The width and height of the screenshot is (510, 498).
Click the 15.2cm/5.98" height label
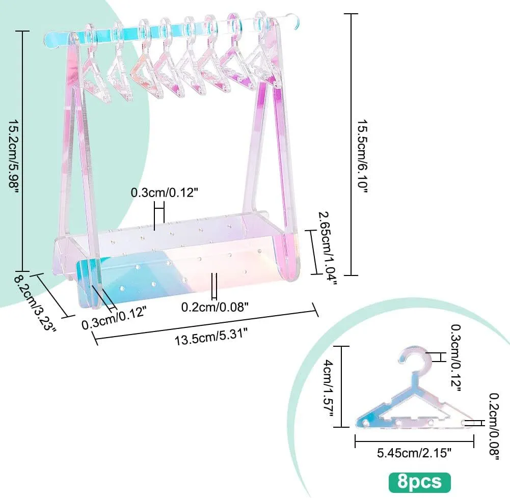pos(14,156)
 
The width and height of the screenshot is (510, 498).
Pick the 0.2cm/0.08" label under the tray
pos(214,307)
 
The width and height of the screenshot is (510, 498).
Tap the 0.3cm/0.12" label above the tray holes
pos(164,193)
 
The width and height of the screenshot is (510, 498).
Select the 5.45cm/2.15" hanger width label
pos(414,453)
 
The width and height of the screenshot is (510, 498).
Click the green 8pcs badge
pos(420,482)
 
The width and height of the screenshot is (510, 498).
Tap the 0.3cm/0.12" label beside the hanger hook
pos(455,358)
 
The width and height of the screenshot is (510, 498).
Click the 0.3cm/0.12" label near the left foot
pos(114,317)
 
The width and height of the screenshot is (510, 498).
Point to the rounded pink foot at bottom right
pos(287,257)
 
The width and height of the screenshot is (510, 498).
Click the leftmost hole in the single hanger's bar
pos(366,423)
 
